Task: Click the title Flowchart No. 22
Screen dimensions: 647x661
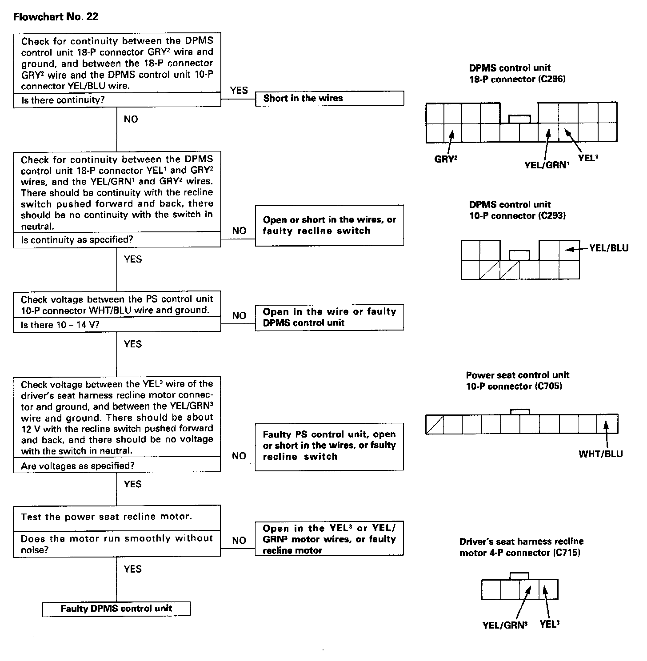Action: pos(56,16)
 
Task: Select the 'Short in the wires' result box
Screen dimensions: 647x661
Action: pos(329,99)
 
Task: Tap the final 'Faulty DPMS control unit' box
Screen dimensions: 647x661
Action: pos(116,609)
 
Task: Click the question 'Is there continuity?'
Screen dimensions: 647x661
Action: pos(63,100)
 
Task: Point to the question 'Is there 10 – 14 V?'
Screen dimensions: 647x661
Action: pos(60,325)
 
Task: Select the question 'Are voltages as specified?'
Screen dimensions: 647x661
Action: pos(77,466)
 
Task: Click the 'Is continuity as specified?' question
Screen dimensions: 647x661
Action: pos(77,240)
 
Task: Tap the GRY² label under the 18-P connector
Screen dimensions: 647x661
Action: pos(446,159)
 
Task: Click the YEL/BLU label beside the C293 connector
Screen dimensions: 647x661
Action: pos(609,248)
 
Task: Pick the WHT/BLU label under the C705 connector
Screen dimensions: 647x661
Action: pos(600,454)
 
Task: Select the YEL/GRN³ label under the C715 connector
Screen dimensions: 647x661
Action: pos(505,625)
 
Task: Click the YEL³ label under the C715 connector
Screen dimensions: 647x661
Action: pos(550,624)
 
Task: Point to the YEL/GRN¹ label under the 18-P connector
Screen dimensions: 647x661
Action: pos(547,165)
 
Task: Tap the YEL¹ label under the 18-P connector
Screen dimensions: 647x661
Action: pos(588,158)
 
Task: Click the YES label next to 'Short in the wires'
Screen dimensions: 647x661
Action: pos(239,90)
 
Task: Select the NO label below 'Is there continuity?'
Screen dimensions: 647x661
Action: pos(131,119)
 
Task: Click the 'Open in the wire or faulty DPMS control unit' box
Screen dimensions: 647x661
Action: pos(329,317)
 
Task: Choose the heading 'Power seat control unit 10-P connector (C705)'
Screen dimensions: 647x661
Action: pos(517,381)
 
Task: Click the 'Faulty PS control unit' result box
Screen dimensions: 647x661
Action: pos(329,446)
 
